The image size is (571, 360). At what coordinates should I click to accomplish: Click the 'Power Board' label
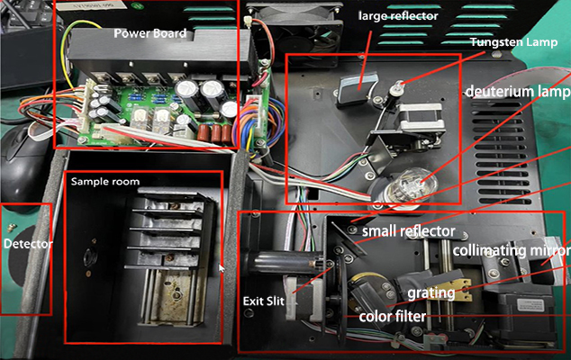150,33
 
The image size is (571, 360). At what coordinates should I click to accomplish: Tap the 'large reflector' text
398,16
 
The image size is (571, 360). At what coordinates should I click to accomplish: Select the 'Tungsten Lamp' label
513,42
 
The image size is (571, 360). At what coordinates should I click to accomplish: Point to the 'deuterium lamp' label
518,92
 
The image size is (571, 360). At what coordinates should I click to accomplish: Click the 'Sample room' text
105,182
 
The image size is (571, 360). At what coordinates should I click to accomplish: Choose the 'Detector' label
28,244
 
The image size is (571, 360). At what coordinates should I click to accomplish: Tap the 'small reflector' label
409,231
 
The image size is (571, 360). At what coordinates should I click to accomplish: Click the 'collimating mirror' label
512,250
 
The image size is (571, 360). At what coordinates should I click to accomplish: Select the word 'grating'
431,293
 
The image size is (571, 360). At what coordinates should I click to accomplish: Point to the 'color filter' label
392,316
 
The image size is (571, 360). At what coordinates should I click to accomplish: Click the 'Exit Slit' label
264,301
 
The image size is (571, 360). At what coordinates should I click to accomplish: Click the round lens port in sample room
89,257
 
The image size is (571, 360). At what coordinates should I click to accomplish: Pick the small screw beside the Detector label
12,228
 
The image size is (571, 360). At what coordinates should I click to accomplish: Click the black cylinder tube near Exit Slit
284,263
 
